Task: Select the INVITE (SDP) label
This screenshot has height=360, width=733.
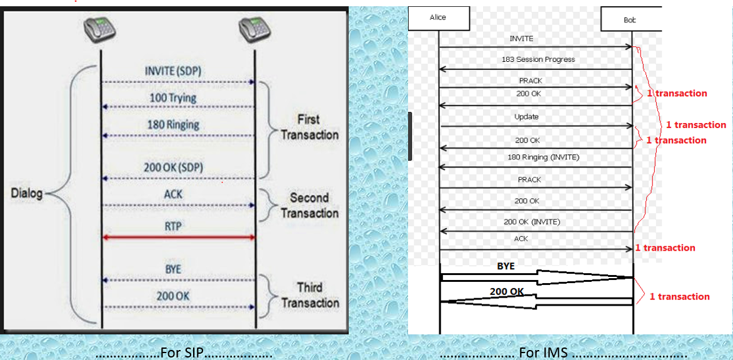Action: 173,71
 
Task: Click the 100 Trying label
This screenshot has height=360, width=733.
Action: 173,97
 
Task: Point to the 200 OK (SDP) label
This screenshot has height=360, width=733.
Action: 173,167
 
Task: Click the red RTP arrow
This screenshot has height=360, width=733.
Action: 178,237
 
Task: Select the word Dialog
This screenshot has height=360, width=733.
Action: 27,193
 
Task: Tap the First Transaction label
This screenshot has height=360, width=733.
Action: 309,127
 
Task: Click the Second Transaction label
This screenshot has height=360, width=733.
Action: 309,205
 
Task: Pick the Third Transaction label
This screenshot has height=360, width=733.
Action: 309,295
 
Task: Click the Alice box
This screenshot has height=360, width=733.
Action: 438,17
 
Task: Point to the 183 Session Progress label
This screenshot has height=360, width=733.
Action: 538,59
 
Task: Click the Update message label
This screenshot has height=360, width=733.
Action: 526,117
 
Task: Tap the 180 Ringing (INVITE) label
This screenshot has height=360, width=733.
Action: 543,157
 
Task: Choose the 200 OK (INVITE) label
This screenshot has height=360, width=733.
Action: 532,222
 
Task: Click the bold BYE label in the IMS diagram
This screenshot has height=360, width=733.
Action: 506,266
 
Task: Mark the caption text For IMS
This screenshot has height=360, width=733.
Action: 543,352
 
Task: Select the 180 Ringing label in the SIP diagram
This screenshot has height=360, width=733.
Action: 173,124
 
